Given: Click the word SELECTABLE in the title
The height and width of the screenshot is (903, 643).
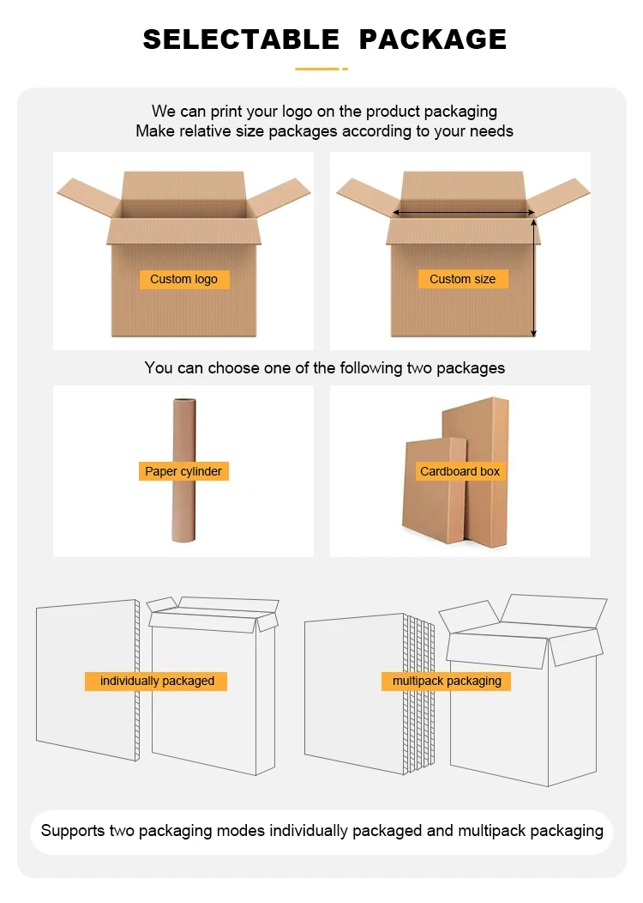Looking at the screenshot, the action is point(241,39).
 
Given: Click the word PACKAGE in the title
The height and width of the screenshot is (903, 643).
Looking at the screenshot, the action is point(432,39).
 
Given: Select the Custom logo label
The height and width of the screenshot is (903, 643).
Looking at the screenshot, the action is point(183,279).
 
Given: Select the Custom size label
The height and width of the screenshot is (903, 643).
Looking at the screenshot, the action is point(462,279).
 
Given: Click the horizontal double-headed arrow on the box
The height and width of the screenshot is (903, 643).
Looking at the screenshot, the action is point(464,212).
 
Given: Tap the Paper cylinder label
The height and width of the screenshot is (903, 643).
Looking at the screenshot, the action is point(183,471).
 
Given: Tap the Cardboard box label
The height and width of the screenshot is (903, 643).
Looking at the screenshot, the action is point(460,471).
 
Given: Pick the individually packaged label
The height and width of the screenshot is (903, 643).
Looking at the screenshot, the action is point(157,681).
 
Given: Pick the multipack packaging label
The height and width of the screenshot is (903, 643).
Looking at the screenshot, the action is point(447,681).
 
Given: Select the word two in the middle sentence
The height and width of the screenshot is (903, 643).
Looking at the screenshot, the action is point(397,368).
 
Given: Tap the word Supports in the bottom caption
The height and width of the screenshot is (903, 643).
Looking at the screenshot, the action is point(72,831).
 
